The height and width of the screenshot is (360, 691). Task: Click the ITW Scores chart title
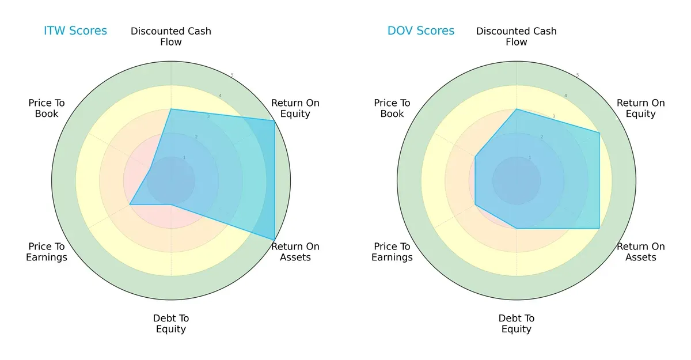click(x=75, y=31)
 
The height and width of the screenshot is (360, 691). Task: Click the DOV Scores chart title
click(x=421, y=31)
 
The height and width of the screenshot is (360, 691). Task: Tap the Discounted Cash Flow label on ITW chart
click(x=171, y=36)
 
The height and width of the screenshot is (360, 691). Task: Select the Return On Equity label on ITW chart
click(x=295, y=108)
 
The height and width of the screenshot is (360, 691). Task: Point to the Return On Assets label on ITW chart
click(x=295, y=252)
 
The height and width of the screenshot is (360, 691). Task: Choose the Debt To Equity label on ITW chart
click(x=171, y=324)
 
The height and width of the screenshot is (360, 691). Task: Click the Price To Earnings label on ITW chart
click(x=47, y=252)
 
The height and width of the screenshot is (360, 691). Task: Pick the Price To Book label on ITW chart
click(x=47, y=108)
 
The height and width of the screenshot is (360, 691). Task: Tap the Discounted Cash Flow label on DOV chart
click(x=517, y=36)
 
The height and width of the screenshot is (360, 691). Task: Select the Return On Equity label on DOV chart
click(x=641, y=108)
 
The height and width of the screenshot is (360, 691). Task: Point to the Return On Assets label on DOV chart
click(x=641, y=252)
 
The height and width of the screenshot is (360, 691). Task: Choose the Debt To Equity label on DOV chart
click(x=517, y=324)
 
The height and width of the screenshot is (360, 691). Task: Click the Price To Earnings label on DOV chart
click(x=392, y=252)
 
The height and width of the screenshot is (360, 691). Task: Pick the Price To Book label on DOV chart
click(x=392, y=108)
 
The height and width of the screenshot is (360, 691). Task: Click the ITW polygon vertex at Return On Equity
click(x=274, y=120)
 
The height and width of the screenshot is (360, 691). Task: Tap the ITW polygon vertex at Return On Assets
click(x=274, y=240)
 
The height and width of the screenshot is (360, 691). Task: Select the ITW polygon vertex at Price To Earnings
click(x=130, y=204)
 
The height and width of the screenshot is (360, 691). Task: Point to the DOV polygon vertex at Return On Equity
click(x=599, y=133)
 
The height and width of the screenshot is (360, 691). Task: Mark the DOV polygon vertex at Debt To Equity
click(x=517, y=228)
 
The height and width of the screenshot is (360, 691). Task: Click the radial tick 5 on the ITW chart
click(x=232, y=75)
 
